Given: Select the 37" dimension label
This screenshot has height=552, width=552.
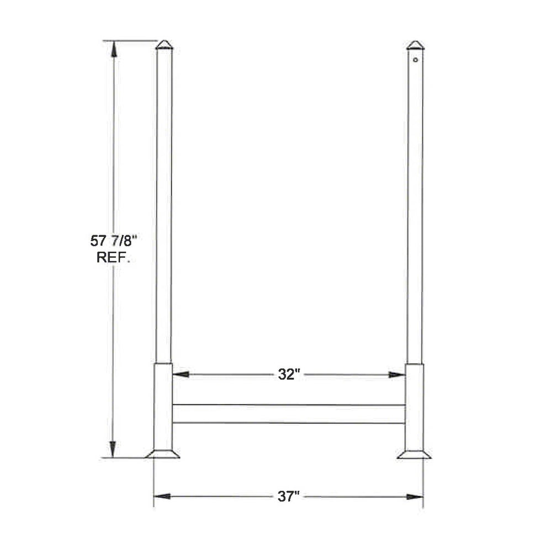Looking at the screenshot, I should pyautogui.click(x=288, y=497).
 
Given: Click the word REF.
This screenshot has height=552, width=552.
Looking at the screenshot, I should pyautogui.click(x=113, y=257).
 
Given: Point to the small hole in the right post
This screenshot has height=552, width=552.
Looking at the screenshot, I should pyautogui.click(x=415, y=60).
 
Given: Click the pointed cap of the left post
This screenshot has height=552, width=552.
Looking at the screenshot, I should pyautogui.click(x=164, y=45).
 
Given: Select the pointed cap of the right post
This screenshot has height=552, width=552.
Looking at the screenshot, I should pyautogui.click(x=415, y=45).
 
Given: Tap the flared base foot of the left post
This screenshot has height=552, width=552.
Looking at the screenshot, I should pyautogui.click(x=162, y=454).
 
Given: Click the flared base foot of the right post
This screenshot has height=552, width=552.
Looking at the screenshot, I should pyautogui.click(x=414, y=454).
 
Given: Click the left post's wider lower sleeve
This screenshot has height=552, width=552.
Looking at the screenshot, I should pyautogui.click(x=163, y=406).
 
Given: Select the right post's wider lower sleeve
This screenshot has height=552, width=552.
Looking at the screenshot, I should pyautogui.click(x=414, y=406).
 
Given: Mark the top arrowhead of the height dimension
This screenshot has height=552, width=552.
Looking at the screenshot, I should pyautogui.click(x=114, y=49).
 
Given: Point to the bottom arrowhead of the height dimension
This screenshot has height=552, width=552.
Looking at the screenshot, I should pyautogui.click(x=114, y=449).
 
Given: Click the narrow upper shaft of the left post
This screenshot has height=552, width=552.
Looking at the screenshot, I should pyautogui.click(x=164, y=204).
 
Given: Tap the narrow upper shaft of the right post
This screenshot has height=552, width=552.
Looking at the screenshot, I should pyautogui.click(x=415, y=204).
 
